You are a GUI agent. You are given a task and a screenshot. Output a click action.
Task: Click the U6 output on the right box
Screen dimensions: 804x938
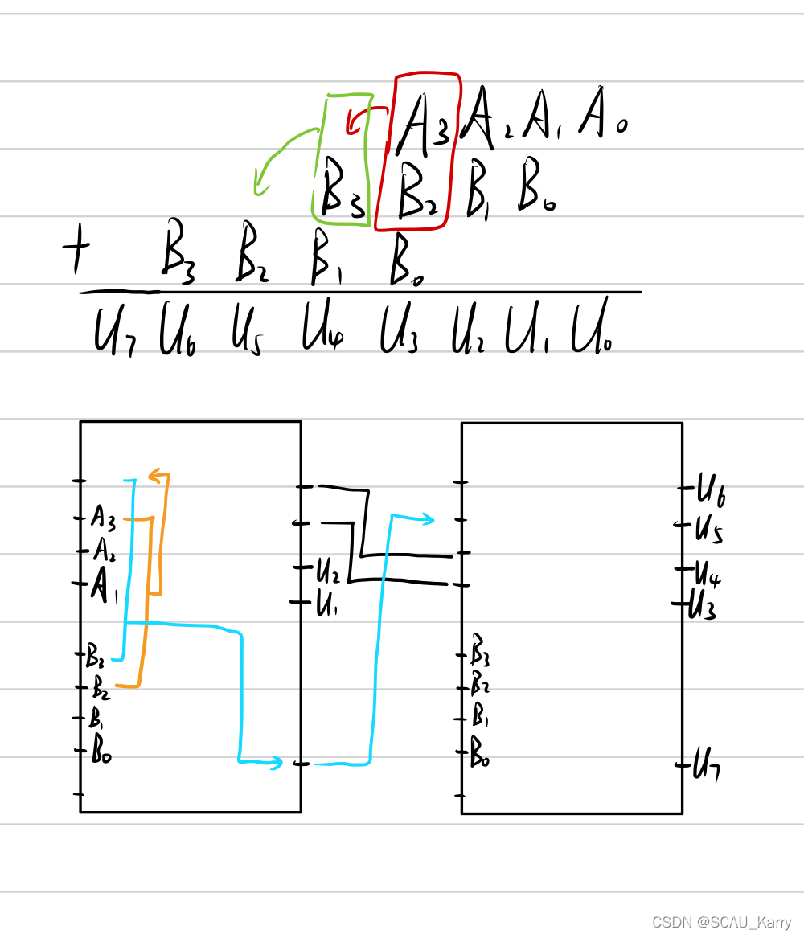712,489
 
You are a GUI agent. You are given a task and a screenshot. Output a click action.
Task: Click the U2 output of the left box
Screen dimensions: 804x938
327,571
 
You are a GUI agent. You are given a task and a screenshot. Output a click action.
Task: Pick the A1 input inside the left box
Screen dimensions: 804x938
104,586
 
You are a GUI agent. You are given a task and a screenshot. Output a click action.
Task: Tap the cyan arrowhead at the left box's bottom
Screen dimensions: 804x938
275,761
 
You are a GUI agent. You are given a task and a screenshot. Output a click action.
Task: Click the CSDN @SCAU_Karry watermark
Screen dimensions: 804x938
721,923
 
